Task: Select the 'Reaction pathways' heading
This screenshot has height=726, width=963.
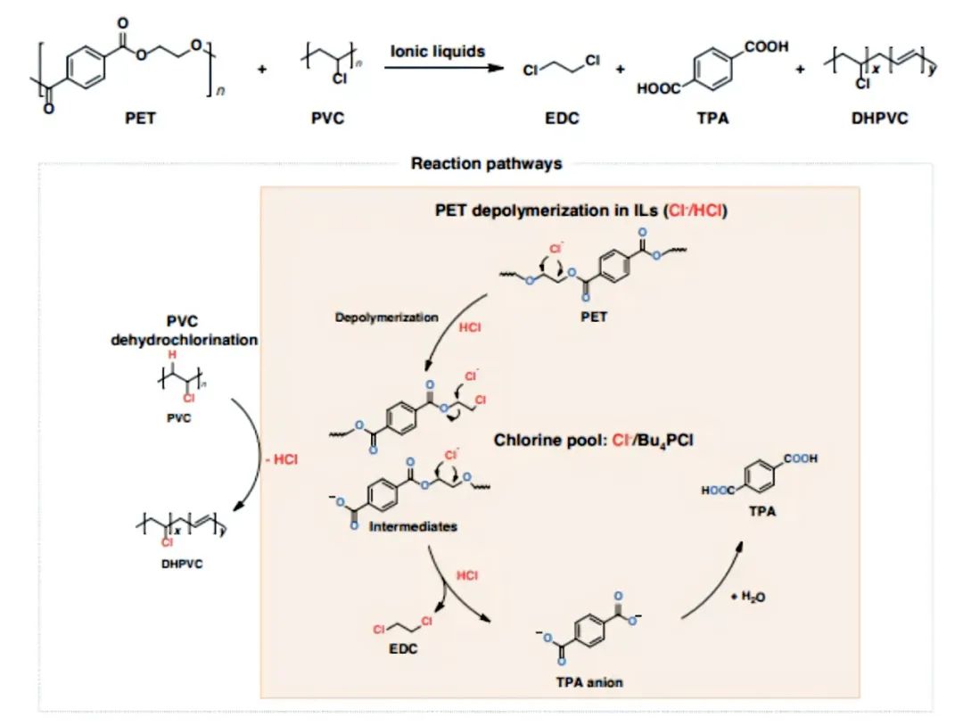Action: (x=486, y=163)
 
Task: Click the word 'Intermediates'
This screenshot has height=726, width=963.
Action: (x=415, y=526)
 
